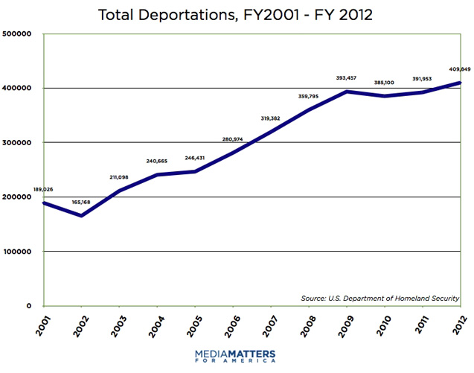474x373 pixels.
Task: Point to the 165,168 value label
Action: [82, 202]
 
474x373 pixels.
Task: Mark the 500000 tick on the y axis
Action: [20, 34]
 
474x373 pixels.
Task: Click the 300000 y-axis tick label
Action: [20, 142]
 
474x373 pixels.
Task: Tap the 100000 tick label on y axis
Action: [20, 251]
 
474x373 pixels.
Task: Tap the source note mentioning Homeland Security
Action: [380, 298]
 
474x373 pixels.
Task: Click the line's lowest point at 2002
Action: [82, 216]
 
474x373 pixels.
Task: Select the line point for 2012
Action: [458, 83]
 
